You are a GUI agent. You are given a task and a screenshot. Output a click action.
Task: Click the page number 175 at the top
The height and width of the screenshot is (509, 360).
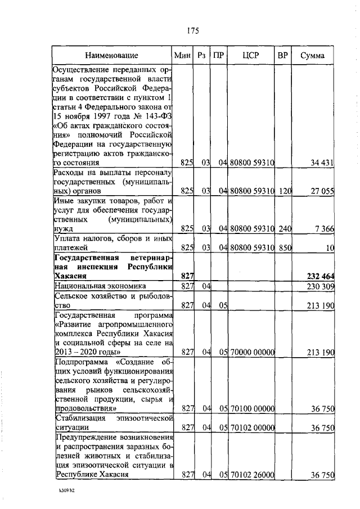(x=192, y=30)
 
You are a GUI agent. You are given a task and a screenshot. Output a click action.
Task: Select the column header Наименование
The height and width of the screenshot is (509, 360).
(x=111, y=56)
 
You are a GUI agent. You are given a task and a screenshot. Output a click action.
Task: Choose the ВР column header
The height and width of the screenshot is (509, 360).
(x=283, y=56)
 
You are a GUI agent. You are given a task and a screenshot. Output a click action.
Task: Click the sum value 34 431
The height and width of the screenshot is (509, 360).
(x=322, y=163)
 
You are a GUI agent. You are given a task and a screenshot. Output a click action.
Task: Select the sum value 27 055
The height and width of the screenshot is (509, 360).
(x=322, y=191)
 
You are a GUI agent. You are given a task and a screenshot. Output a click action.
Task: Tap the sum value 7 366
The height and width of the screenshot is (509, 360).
(x=325, y=229)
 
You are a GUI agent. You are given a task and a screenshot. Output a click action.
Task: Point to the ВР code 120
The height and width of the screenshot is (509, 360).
(x=285, y=191)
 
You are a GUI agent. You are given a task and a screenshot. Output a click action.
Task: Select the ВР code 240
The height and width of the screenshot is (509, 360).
(x=285, y=229)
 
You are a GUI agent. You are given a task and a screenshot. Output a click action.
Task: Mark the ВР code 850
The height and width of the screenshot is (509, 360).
(x=285, y=247)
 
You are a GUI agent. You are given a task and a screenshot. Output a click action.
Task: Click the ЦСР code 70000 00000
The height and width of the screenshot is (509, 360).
(x=251, y=353)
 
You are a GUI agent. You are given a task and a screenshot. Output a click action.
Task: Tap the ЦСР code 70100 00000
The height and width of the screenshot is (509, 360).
(x=251, y=408)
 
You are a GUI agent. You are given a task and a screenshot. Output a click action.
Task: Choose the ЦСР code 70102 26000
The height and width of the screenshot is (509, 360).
(x=251, y=475)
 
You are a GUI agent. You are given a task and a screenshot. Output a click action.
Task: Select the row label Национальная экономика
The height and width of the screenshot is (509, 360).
(x=100, y=286)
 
